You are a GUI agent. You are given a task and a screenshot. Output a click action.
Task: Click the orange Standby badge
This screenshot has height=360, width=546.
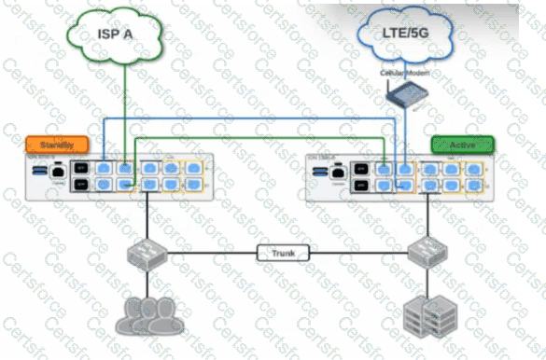57,145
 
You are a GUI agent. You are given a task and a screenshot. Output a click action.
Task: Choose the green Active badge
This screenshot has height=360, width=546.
462,145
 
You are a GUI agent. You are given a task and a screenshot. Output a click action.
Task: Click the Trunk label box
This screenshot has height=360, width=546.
281,253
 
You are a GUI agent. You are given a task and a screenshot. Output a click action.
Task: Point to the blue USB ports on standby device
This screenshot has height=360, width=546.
38,172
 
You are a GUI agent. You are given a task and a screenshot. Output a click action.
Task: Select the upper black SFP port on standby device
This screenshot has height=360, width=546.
81,169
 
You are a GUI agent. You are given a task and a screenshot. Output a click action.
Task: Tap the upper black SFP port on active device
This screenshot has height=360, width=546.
360,169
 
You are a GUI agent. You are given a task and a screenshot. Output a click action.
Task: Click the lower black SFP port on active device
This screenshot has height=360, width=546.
360,186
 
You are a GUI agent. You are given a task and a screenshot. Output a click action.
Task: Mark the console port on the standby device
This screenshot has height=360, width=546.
58,172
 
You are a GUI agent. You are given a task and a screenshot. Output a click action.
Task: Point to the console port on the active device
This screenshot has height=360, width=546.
336,172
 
